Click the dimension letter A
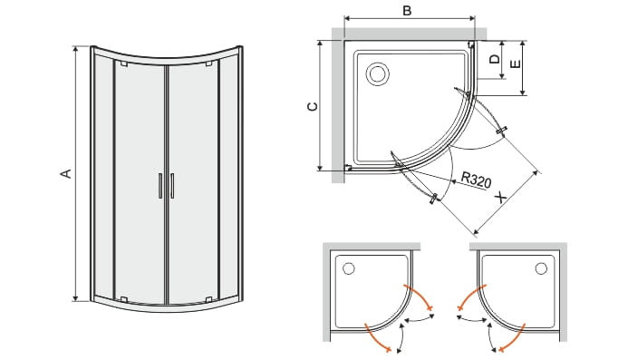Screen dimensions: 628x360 (x=66, y=173)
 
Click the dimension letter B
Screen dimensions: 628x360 (x=407, y=10)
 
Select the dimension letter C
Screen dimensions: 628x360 (x=312, y=106)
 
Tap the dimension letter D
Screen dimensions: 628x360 (x=496, y=59)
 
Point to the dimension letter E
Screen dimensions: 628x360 (x=516, y=63)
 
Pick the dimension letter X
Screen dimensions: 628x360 (x=500, y=198)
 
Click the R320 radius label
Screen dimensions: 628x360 (x=476, y=180)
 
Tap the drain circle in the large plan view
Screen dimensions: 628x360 (x=377, y=73)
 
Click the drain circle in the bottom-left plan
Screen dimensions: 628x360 (x=349, y=268)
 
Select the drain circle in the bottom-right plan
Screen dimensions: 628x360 (x=541, y=268)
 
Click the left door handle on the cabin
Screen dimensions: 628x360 (x=159, y=186)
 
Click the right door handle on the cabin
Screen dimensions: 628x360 (x=172, y=186)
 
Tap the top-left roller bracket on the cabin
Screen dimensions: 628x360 (x=124, y=63)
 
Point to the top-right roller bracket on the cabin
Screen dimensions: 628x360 (x=208, y=63)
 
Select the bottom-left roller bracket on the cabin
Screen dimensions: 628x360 (x=124, y=299)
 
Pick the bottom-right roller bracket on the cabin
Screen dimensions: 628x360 (x=208, y=299)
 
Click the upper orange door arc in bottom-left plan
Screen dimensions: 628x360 (x=420, y=296)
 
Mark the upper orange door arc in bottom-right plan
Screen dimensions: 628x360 (x=471, y=296)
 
